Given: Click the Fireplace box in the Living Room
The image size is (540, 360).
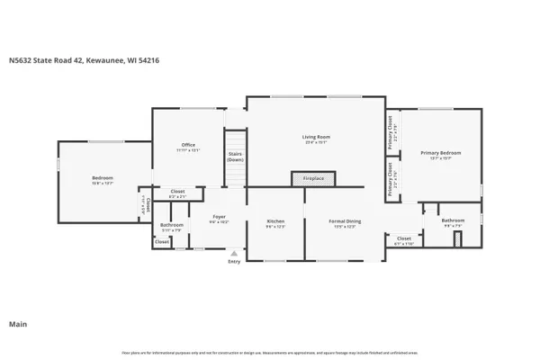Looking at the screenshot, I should click(313, 179).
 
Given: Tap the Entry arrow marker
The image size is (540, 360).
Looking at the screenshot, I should click(234, 254).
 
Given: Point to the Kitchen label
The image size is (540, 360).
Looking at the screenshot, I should click(275, 220).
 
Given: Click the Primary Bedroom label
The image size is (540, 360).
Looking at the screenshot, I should click(441, 153).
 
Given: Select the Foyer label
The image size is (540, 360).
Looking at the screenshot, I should click(219, 216).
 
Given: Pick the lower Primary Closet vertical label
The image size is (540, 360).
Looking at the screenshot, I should click(390, 178).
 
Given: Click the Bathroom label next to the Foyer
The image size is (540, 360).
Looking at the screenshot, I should click(172, 224).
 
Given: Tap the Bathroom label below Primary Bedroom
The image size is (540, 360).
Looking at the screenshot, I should click(453, 220).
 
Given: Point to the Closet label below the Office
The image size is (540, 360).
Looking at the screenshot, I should click(178, 191).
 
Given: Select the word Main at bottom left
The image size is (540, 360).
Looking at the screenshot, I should click(17, 323).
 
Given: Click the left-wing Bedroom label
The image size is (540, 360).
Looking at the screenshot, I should click(103, 178).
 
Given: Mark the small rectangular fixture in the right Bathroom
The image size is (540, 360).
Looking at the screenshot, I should click(456, 238).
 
